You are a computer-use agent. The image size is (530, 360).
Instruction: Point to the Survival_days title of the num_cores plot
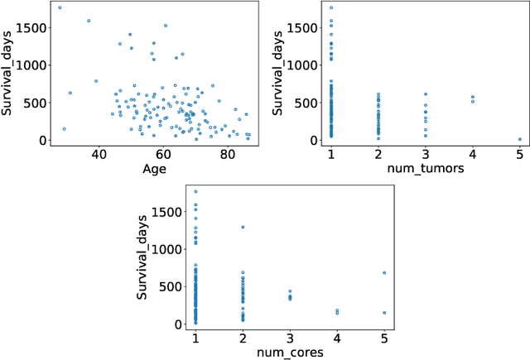(142, 259)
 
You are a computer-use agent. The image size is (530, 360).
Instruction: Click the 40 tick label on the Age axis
(99, 154)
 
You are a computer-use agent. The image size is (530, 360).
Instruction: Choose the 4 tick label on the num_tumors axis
(473, 154)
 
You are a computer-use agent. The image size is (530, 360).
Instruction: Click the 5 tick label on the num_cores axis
(384, 338)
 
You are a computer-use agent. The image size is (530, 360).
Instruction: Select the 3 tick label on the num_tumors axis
(426, 154)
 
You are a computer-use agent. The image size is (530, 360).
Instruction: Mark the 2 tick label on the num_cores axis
(243, 338)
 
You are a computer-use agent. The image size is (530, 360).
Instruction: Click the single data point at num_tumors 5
(520, 139)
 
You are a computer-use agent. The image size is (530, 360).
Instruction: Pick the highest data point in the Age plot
(60, 7)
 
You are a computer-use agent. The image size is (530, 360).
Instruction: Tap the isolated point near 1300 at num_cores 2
(243, 227)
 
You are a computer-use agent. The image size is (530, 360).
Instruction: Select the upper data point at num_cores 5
(384, 272)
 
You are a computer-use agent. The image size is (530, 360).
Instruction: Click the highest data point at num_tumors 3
(426, 94)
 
